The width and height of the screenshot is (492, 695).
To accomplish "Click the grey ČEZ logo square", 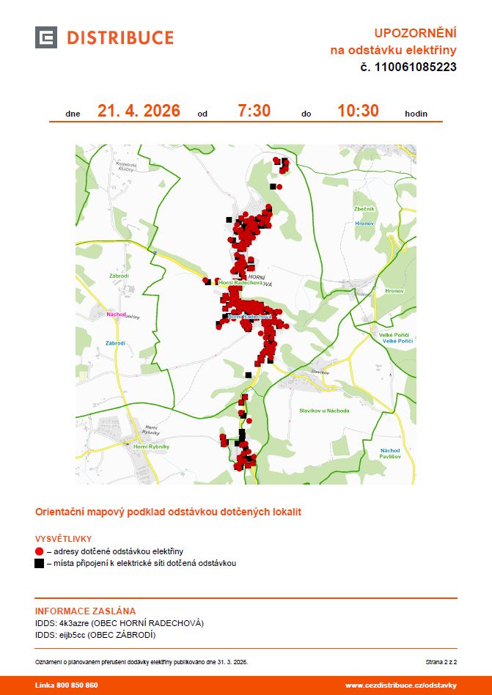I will coord(46,37).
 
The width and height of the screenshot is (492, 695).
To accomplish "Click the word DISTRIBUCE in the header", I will coord(120,38).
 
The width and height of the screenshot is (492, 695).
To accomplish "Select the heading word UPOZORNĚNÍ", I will coord(415,33).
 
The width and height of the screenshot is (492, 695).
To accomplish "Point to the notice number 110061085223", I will coord(414,67).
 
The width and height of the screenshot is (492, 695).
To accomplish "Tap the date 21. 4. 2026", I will coord(139,111).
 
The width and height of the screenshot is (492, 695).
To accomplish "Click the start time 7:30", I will coord(254,111).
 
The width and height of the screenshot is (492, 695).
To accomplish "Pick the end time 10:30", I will coord(358,111).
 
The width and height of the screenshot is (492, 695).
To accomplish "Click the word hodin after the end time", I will coord(416,114).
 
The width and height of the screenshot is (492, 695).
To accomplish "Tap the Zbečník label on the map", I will coord(364,210).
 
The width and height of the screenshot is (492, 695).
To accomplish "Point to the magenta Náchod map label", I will coord(116,314).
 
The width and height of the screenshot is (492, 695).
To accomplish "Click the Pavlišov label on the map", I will coord(390,458).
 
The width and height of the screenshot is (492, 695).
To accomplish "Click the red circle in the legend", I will coord(40,551).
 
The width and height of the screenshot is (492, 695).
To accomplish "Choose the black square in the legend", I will coord(40,564).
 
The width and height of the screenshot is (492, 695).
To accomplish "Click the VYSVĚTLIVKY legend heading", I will coord(63,538).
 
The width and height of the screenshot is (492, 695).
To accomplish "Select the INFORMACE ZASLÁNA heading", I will coord(85,611).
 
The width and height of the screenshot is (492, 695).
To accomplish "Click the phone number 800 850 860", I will coord(77,685).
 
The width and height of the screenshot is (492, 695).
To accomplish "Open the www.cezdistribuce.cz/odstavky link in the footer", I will coord(401,685).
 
